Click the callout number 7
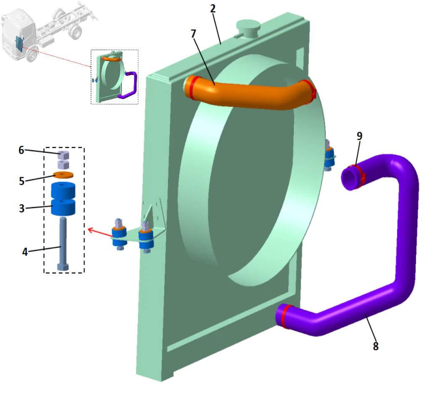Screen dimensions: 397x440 click(x=193, y=34)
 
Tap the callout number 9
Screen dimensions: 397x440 click(x=359, y=136)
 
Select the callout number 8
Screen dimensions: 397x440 click(x=375, y=346)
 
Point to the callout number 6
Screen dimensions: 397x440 click(x=21, y=150)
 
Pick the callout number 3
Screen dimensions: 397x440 click(x=21, y=208)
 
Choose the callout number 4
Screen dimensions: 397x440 click(x=25, y=252)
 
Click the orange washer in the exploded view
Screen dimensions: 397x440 click(x=63, y=175)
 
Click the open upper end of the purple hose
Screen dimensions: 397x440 click(x=349, y=179)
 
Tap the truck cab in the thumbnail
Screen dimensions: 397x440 click(x=17, y=34)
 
